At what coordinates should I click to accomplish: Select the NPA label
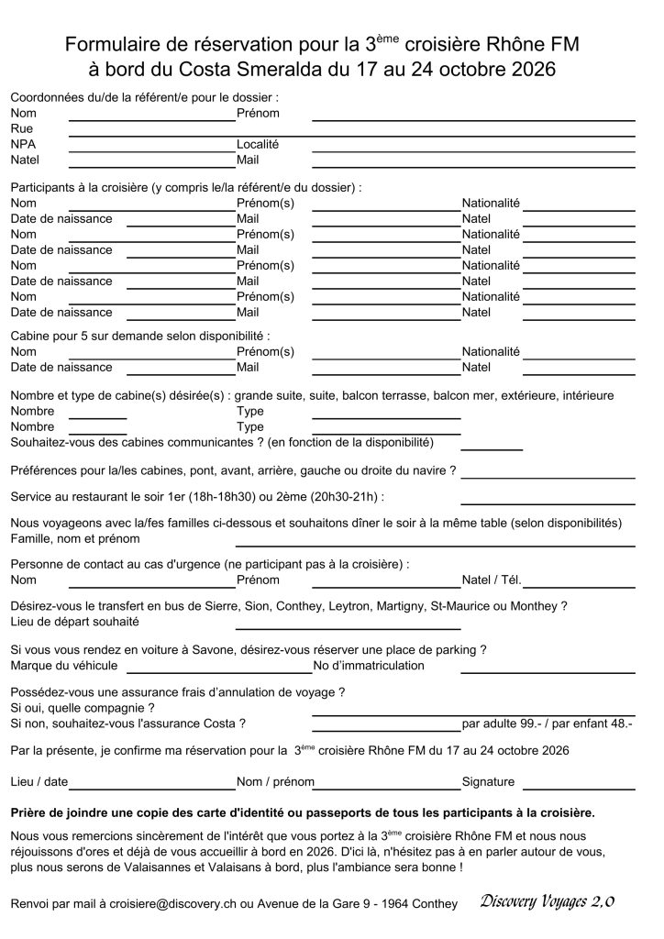point(23,145)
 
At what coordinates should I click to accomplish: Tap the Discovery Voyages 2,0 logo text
point(547,902)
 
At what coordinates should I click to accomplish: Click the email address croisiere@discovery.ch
point(195,904)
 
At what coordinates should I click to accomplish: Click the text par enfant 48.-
point(597,724)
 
